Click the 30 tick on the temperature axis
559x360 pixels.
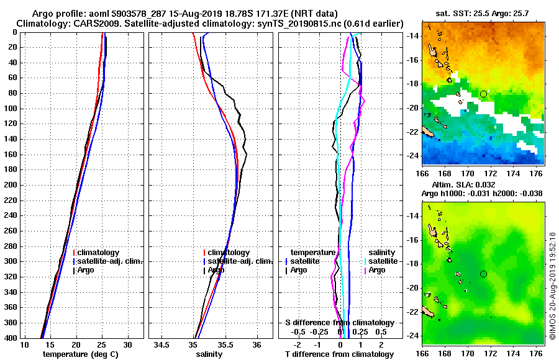(127, 344)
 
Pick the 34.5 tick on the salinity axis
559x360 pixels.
(163, 344)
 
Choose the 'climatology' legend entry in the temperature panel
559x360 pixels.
(98, 253)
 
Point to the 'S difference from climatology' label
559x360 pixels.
(339, 323)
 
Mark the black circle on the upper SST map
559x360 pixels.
(483, 94)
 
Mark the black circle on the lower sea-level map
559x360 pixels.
(483, 274)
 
